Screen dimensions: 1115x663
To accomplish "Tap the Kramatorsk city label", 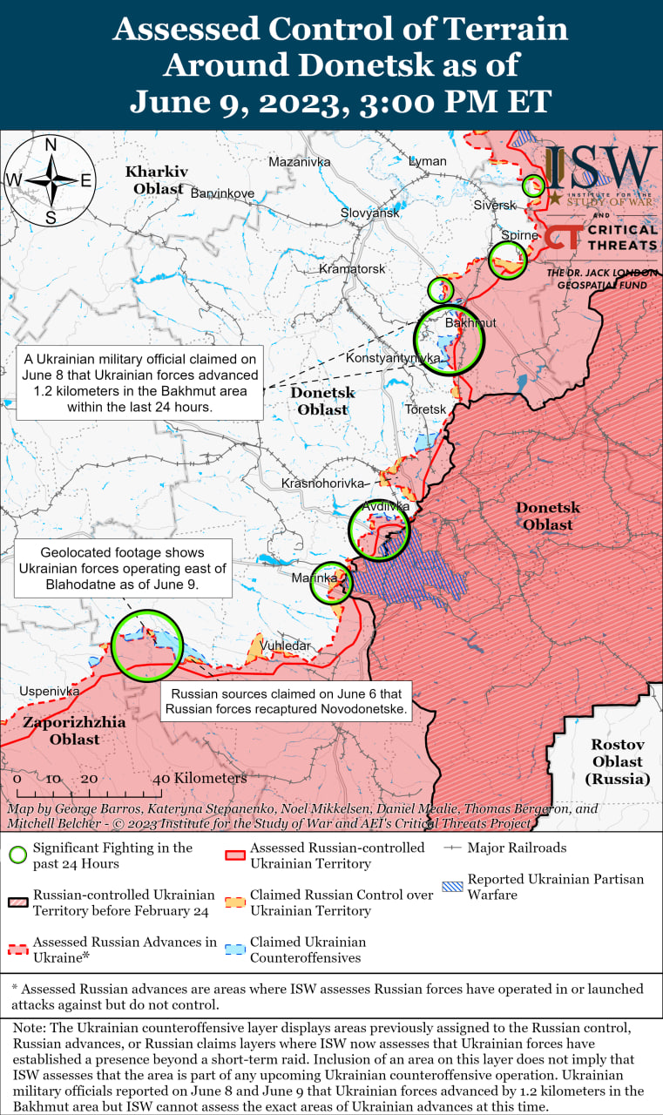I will pyautogui.click(x=352, y=268).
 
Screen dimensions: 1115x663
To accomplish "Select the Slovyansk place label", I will pyautogui.click(x=369, y=213).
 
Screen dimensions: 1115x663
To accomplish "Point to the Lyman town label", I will pyautogui.click(x=428, y=161).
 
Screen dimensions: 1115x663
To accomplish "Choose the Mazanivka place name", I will pyautogui.click(x=300, y=162).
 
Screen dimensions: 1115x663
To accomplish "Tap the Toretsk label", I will pyautogui.click(x=425, y=409).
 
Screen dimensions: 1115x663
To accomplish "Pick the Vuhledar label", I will pyautogui.click(x=285, y=645).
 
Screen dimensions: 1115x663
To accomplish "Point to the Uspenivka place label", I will pyautogui.click(x=49, y=691).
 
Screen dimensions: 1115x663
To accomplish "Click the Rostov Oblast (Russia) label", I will pyautogui.click(x=617, y=761).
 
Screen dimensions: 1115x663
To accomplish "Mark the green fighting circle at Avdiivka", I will pyautogui.click(x=379, y=529).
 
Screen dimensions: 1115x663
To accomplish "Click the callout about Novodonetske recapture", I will pyautogui.click(x=288, y=702).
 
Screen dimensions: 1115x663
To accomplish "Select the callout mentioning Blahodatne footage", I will pyautogui.click(x=123, y=569).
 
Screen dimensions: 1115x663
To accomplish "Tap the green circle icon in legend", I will pyautogui.click(x=17, y=855).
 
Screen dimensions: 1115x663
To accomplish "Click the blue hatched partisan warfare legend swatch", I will pyautogui.click(x=452, y=887).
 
